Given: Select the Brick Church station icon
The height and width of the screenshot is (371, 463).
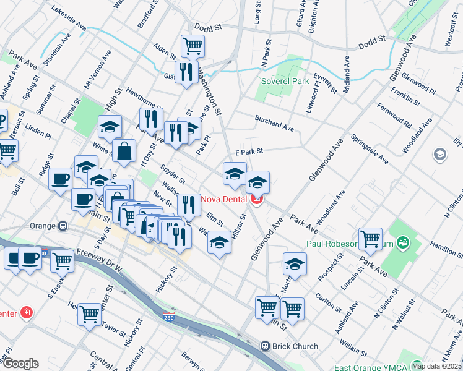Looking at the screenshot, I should [266, 347].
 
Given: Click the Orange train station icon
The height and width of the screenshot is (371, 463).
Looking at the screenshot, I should [62, 226].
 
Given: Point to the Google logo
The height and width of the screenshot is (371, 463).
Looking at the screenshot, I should [20, 364].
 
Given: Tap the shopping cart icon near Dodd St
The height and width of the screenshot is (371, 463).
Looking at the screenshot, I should [193, 46].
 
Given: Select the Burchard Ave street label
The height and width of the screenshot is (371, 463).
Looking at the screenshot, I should [274, 122].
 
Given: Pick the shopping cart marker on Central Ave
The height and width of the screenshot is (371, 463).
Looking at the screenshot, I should [89, 313].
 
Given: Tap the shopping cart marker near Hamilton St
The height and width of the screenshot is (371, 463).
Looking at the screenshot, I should [370, 239].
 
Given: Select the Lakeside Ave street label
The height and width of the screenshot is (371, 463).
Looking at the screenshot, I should [69, 19].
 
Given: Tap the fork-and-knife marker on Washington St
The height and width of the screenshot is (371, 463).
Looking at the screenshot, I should [186, 72].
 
